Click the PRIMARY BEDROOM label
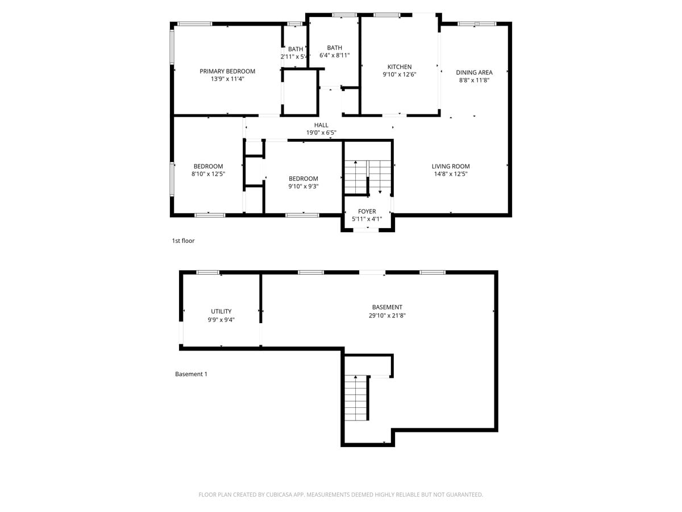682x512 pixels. (227, 71)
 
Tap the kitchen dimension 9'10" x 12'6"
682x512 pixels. (400, 75)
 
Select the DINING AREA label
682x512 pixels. (474, 72)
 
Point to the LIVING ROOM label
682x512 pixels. (451, 167)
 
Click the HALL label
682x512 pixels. (321, 125)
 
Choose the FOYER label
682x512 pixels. (367, 212)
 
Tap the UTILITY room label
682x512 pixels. (221, 311)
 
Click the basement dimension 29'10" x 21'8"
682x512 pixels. (387, 315)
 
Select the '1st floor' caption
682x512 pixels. (183, 241)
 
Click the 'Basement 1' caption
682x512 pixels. (191, 374)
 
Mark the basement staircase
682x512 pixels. (356, 398)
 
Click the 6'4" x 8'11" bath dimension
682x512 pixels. (334, 56)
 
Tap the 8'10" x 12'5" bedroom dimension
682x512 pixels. (208, 174)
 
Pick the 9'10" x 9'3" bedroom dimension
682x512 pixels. (303, 186)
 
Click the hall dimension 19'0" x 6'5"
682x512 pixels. (321, 133)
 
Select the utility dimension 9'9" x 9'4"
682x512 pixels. (221, 320)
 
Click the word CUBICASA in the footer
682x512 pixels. (281, 495)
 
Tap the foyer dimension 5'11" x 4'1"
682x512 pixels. (367, 219)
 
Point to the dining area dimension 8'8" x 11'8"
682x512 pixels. (474, 80)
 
